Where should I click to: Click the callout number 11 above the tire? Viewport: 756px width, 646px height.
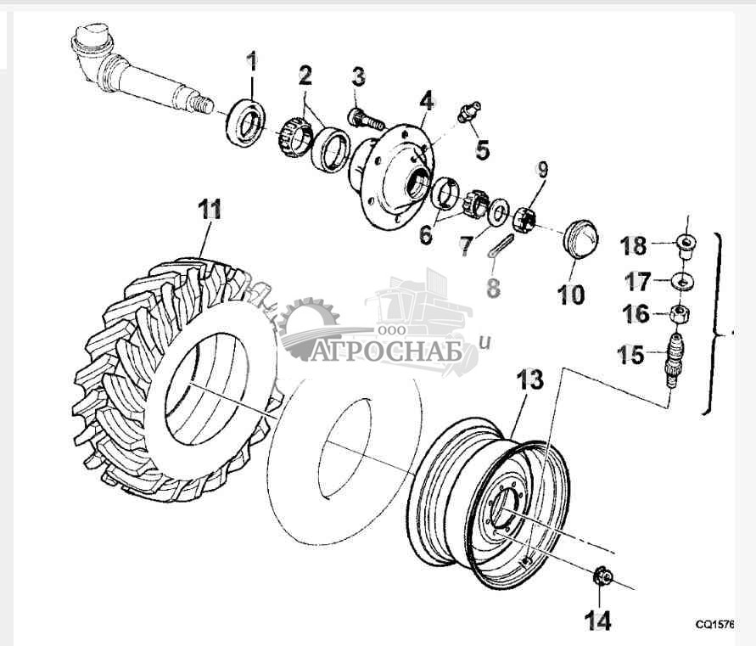point(210,210)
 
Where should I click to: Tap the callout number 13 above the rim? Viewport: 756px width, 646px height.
point(530,379)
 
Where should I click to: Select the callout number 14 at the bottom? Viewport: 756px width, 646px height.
point(598,621)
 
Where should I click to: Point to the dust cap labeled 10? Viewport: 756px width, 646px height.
point(580,239)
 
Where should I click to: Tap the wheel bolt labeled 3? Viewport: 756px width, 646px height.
point(366,119)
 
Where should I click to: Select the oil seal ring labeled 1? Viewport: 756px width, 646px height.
point(246,122)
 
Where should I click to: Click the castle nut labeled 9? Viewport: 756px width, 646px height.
point(524,219)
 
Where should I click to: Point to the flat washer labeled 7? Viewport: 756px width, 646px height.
point(499,213)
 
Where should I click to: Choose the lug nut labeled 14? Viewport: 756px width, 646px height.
point(602,576)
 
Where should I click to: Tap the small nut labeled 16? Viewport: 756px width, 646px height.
point(680,314)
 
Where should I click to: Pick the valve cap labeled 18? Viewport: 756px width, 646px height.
point(685,245)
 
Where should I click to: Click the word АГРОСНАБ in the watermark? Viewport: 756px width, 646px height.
point(387,351)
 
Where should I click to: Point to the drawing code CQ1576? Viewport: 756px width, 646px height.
point(714,625)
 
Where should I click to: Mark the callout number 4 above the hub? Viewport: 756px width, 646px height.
point(426,101)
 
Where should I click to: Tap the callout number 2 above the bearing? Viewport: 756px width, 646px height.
point(305,76)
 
